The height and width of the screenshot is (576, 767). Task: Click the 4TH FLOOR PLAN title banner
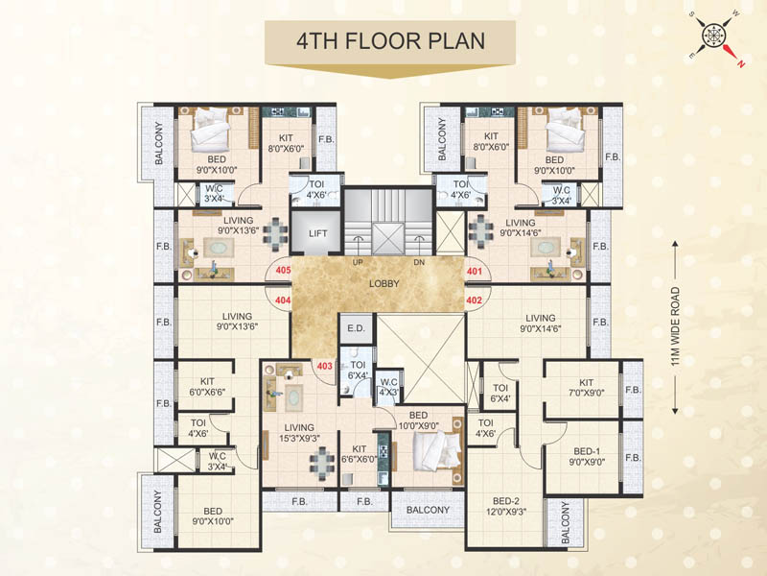tap(389, 42)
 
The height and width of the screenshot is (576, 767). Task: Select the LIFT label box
tap(318, 232)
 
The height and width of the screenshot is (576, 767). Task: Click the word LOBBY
tap(383, 284)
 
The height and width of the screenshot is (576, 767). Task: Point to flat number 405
tap(283, 272)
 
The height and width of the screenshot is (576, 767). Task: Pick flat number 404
tap(283, 300)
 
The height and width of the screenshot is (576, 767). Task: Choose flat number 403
tap(324, 365)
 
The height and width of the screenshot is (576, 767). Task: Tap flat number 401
tap(474, 272)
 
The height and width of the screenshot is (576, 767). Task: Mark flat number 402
tap(474, 300)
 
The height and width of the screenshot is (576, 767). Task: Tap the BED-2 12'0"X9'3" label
tap(505, 507)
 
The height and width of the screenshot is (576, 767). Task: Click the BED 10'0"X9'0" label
tap(421, 419)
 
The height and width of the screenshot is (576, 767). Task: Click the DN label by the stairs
tap(419, 261)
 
